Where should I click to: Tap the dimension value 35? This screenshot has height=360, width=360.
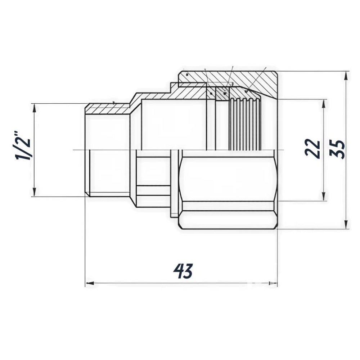tap(338, 149)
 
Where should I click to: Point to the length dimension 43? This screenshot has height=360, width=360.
tap(183, 271)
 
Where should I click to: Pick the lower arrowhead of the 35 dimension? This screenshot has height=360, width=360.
tap(346, 225)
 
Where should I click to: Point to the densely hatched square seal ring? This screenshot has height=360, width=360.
tap(222, 93)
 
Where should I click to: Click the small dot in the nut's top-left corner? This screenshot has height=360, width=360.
tap(187, 75)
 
